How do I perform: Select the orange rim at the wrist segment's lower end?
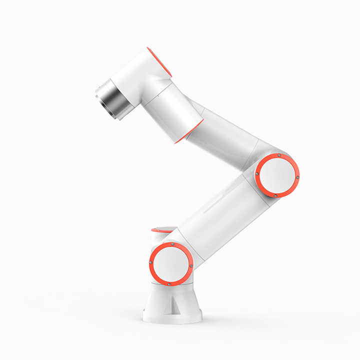coord(189,131)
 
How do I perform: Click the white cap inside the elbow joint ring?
coord(277,175)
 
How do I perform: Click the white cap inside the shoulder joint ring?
coord(171,264)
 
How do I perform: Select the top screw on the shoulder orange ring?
coord(172,244)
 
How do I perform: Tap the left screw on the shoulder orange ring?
coord(151,263)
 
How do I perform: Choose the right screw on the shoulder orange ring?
coord(190,265)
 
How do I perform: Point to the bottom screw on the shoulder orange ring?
coord(169,283)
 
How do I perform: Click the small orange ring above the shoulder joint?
coord(162,230)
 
